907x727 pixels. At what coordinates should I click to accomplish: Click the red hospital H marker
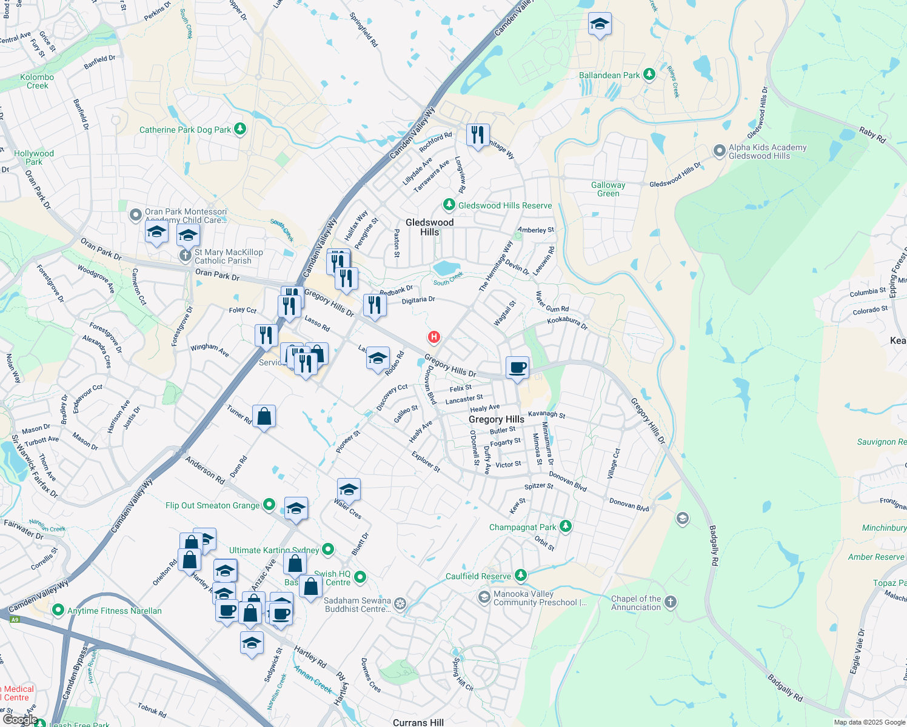pyautogui.click(x=433, y=337)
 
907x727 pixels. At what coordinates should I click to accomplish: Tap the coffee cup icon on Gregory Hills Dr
pyautogui.click(x=518, y=367)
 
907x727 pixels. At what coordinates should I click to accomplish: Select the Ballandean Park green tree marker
pyautogui.click(x=649, y=75)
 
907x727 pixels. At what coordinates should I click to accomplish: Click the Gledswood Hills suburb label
pyautogui.click(x=429, y=227)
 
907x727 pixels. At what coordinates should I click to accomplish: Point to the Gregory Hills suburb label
pyautogui.click(x=496, y=419)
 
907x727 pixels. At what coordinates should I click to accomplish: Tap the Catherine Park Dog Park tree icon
pyautogui.click(x=240, y=129)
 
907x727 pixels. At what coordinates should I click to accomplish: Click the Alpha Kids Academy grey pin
pyautogui.click(x=719, y=151)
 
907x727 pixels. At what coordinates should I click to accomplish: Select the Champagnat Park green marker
pyautogui.click(x=566, y=526)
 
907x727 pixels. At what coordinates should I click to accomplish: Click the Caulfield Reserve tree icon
pyautogui.click(x=520, y=575)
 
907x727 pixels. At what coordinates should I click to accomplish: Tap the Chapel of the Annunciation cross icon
pyautogui.click(x=670, y=602)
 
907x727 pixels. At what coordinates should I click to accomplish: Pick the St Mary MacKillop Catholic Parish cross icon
pyautogui.click(x=186, y=256)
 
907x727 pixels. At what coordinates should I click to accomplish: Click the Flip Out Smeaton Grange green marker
pyautogui.click(x=269, y=505)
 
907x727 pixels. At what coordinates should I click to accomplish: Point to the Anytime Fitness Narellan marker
pyautogui.click(x=58, y=610)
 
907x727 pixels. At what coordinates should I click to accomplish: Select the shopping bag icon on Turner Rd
pyautogui.click(x=264, y=416)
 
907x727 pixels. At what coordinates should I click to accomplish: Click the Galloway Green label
pyautogui.click(x=608, y=189)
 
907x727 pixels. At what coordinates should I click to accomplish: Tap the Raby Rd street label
pyautogui.click(x=872, y=134)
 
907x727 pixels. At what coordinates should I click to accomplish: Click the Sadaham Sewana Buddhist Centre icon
pyautogui.click(x=400, y=604)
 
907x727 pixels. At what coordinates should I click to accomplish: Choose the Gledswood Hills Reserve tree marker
pyautogui.click(x=449, y=205)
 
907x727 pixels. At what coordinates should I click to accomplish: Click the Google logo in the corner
pyautogui.click(x=20, y=720)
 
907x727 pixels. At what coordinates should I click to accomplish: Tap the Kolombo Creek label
pyautogui.click(x=37, y=81)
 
